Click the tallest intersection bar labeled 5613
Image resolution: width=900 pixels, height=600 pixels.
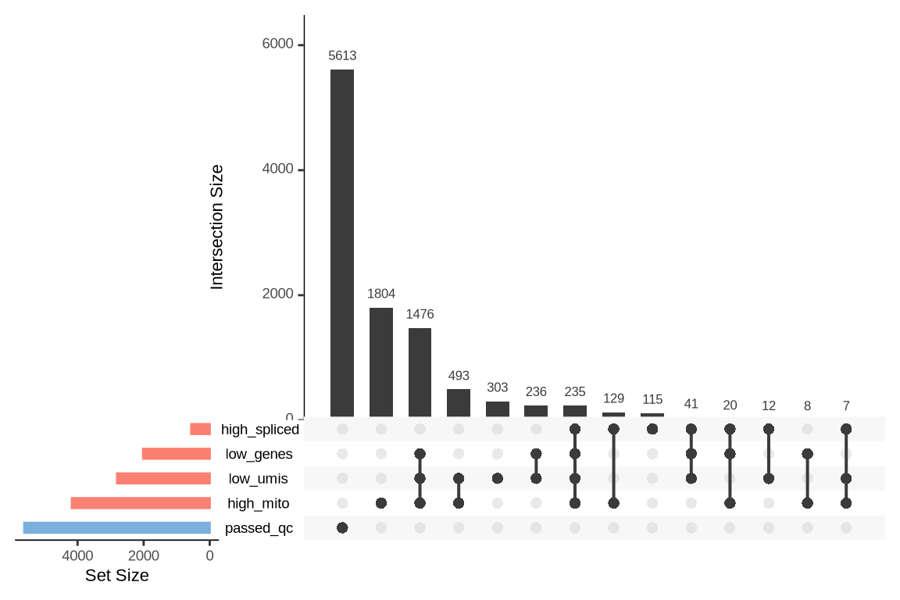click(x=342, y=243)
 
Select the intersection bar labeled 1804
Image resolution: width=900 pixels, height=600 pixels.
click(x=381, y=362)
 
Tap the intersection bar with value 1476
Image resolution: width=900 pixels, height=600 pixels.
click(x=420, y=372)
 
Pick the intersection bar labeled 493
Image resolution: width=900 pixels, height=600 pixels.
click(x=459, y=402)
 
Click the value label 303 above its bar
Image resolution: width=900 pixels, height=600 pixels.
click(x=497, y=387)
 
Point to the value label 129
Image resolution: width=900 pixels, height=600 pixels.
click(x=613, y=398)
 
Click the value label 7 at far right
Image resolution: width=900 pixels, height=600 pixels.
click(x=846, y=406)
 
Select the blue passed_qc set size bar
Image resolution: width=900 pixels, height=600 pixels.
click(x=117, y=528)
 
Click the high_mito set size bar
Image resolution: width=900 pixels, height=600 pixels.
click(x=141, y=503)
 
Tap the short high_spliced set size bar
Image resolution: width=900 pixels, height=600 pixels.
click(x=201, y=429)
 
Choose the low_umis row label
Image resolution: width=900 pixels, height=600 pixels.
click(x=258, y=479)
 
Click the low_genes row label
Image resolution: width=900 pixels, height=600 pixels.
click(x=259, y=454)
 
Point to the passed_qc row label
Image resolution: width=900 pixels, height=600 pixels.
click(x=259, y=529)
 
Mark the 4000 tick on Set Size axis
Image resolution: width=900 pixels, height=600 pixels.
click(x=77, y=556)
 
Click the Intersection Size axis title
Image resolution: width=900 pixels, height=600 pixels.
click(x=217, y=227)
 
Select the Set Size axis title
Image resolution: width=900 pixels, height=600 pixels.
click(x=116, y=577)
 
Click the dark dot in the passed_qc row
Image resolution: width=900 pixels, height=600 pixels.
click(x=342, y=528)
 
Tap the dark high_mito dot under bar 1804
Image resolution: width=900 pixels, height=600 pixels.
click(x=381, y=503)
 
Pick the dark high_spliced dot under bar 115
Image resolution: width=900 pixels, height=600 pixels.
click(x=652, y=429)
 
